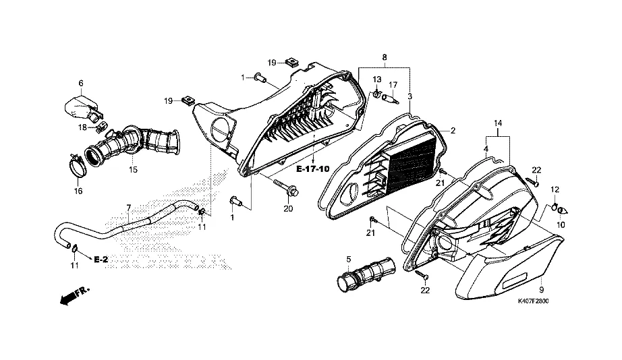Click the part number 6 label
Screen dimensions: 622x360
tap(81, 84)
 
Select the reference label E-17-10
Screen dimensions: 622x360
tap(313, 169)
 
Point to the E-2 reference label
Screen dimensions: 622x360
tap(101, 260)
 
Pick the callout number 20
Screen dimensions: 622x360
tap(288, 209)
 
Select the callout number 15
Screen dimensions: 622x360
tap(133, 170)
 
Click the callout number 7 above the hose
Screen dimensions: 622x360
tap(128, 207)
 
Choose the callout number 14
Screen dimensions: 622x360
tap(498, 123)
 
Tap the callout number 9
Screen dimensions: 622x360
tap(542, 289)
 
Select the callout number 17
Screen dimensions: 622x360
tap(393, 84)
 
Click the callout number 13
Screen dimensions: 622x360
tap(376, 80)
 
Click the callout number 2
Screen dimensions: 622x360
tap(453, 130)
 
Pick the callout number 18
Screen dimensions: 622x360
tap(82, 127)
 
